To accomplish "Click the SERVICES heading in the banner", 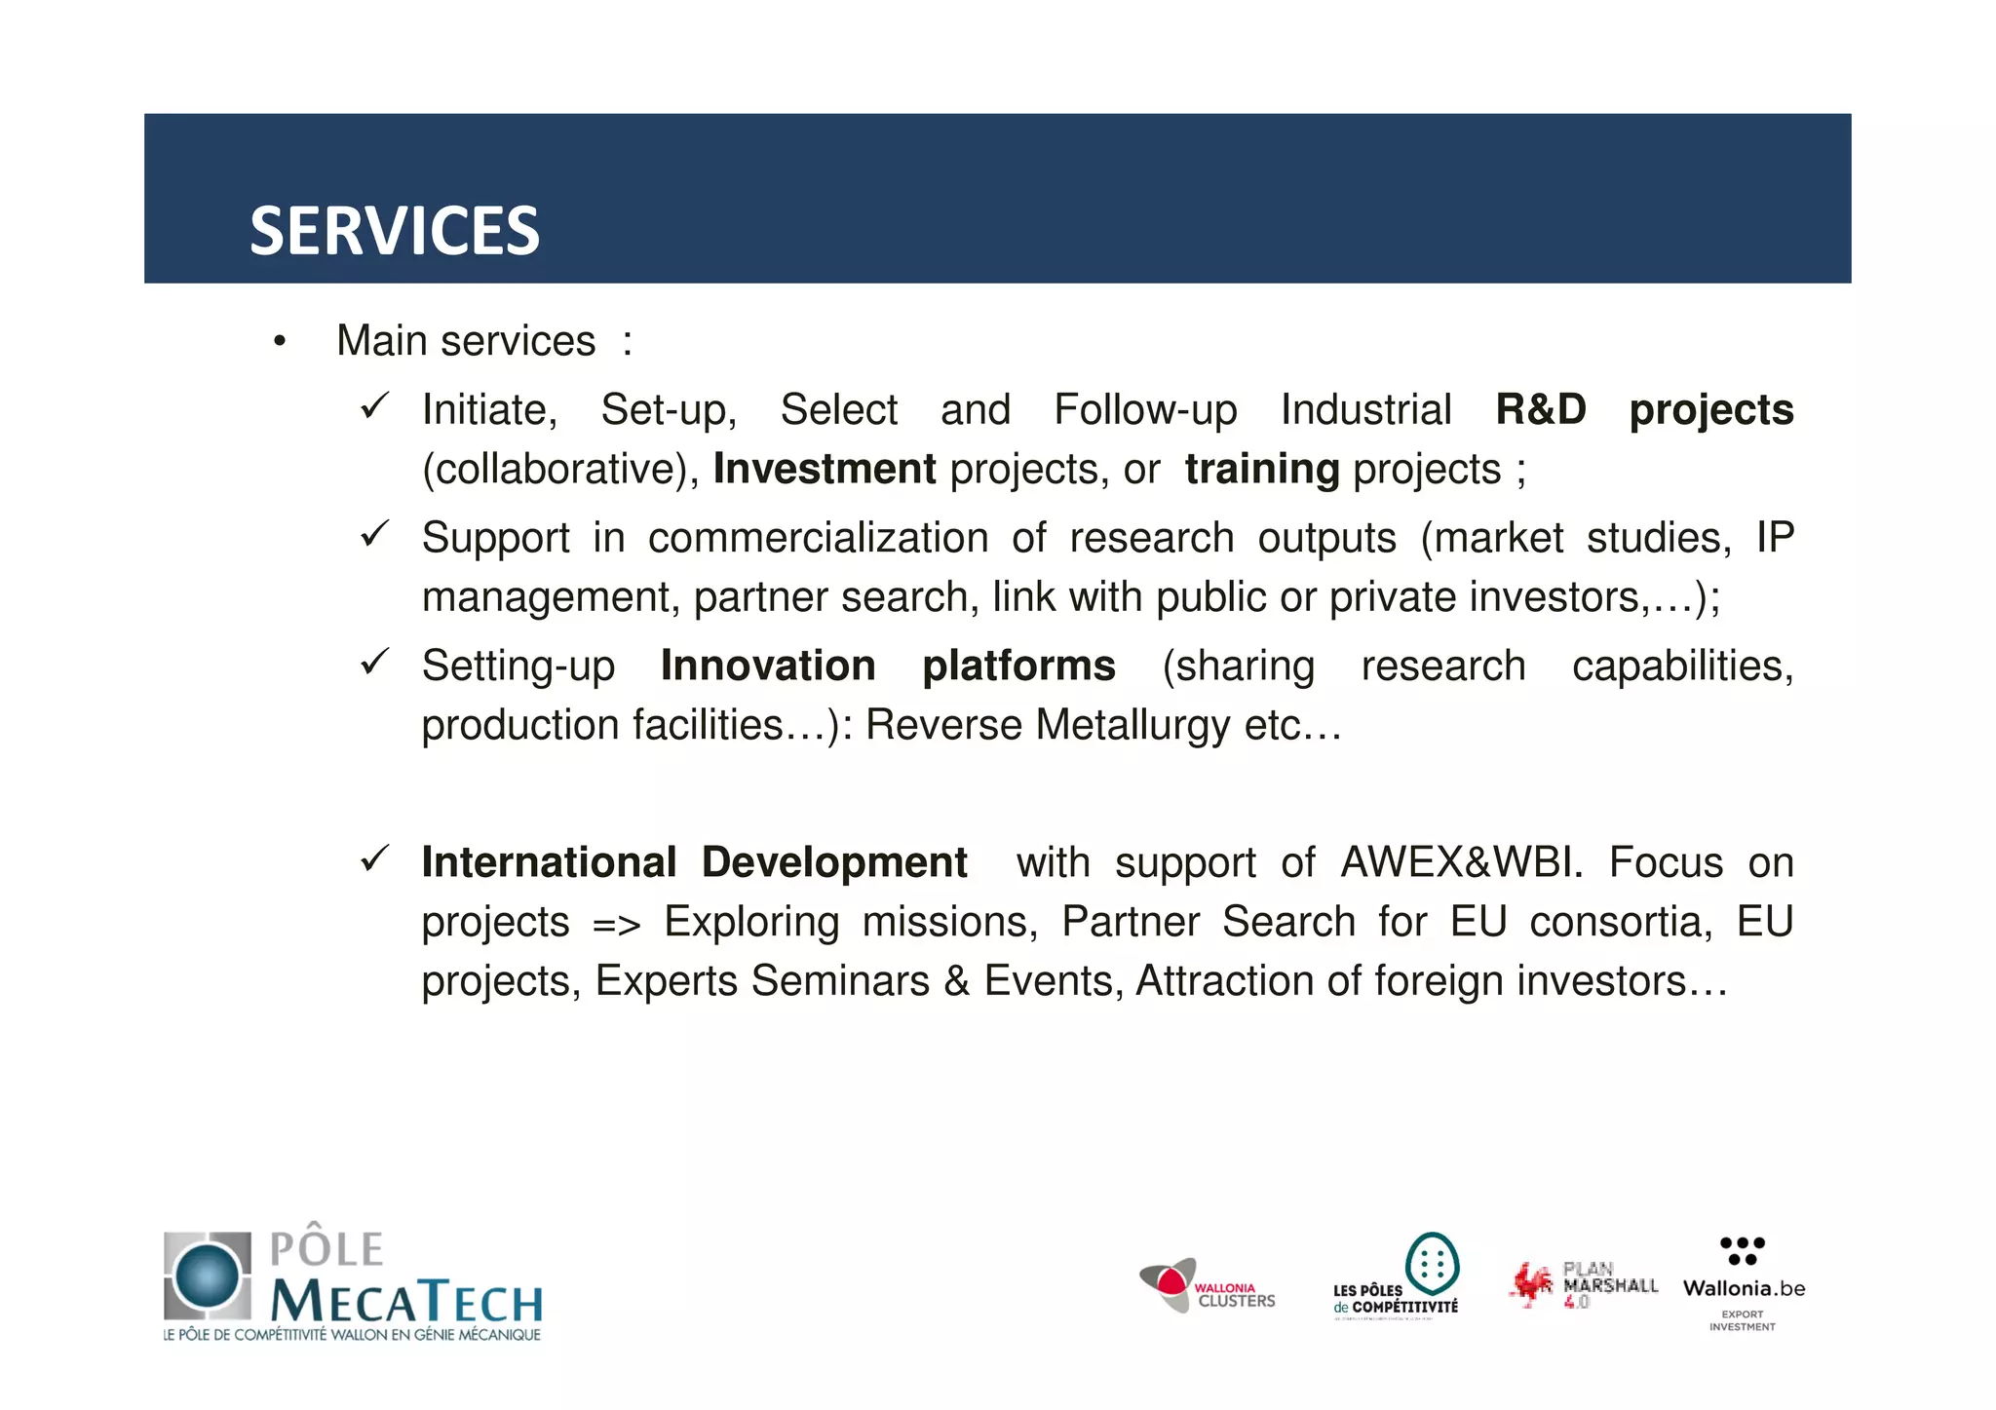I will click(x=394, y=232).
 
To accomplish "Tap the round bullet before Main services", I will click(x=280, y=342).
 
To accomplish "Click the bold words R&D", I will click(x=1540, y=409).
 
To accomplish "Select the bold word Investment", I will click(x=825, y=469).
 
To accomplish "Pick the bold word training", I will click(x=1262, y=470).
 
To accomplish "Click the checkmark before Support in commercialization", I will click(x=375, y=534).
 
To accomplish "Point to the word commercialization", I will click(x=818, y=538).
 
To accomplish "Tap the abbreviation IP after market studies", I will click(x=1774, y=538).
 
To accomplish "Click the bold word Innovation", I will click(x=768, y=666).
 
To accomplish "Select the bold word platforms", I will click(x=1018, y=667).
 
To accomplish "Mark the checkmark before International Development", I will click(x=375, y=858).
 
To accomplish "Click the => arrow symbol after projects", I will click(x=616, y=924).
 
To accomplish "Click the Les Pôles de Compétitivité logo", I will click(x=1396, y=1277).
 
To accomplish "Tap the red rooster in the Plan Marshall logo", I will click(x=1531, y=1283).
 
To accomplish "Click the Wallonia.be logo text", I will click(x=1743, y=1288).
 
